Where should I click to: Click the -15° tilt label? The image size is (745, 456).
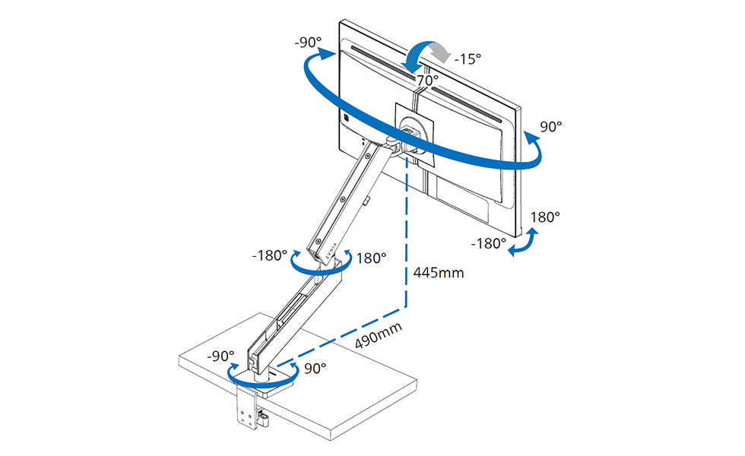(468, 59)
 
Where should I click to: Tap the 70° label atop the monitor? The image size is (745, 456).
(427, 81)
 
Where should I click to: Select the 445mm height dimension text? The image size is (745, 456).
(438, 273)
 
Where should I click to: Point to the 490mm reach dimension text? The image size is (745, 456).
(379, 335)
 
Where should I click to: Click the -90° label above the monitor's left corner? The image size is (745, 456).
(308, 43)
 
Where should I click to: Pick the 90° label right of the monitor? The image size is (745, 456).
(550, 127)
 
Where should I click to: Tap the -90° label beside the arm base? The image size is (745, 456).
(220, 356)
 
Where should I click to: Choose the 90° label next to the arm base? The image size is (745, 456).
(315, 368)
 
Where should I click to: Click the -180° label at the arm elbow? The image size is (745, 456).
(269, 255)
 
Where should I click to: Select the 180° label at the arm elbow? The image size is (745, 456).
(371, 258)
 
